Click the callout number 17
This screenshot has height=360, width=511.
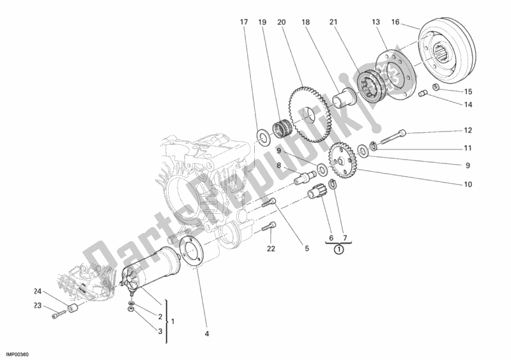(x=243, y=22)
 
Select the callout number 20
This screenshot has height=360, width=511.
(x=280, y=22)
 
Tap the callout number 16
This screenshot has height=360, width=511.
(x=395, y=22)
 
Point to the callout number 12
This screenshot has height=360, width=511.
(x=468, y=131)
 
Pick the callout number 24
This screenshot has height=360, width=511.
(x=36, y=292)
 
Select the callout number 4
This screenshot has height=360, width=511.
(x=207, y=333)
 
